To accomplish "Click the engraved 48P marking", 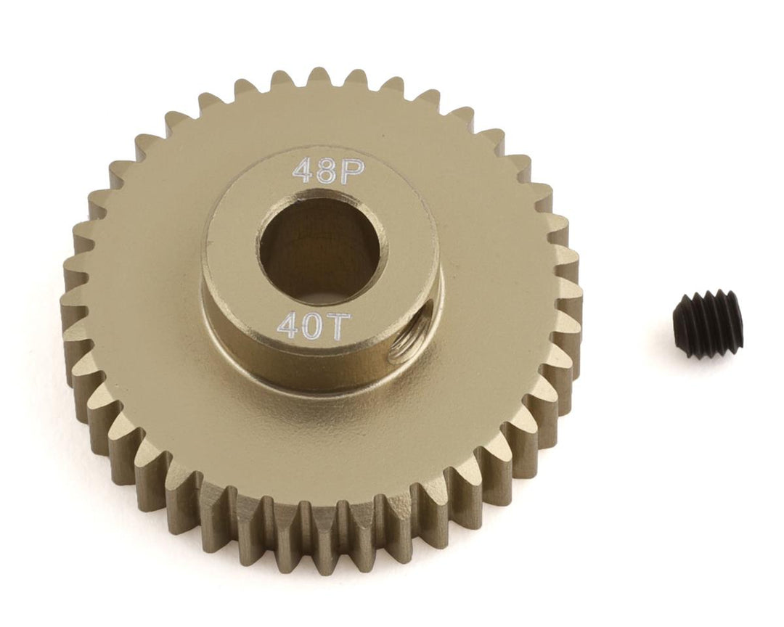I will (319, 169).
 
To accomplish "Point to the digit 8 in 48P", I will (319, 169).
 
